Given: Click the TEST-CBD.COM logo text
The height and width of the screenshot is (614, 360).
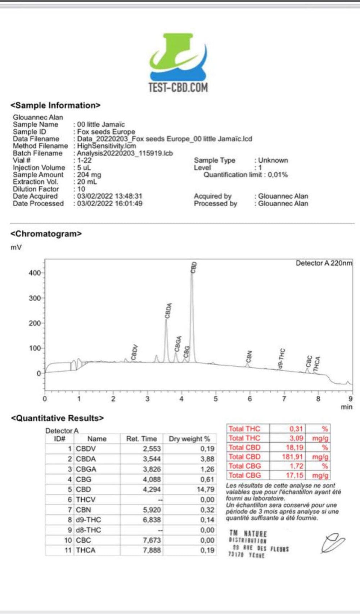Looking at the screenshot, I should [178, 88].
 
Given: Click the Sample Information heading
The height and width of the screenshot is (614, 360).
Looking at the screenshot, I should [55, 105].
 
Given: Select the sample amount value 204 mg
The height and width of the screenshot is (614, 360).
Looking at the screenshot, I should [89, 175].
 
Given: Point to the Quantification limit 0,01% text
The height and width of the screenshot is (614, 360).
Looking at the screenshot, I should [246, 175].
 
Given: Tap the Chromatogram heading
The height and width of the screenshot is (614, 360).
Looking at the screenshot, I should [46, 234].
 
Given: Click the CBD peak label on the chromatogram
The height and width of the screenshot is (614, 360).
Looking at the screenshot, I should [194, 267].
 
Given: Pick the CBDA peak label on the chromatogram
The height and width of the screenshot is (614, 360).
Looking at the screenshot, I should [168, 311].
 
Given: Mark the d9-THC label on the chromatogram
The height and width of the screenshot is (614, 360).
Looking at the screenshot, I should [282, 358].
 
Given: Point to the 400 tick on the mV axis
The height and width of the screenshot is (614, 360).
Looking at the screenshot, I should [35, 273].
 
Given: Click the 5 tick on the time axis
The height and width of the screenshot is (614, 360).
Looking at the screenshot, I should [216, 399].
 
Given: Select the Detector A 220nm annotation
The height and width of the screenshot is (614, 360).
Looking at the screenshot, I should [324, 263].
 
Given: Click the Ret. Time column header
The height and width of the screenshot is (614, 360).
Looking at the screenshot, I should [141, 439].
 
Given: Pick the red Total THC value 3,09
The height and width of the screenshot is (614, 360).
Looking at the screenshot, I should [296, 438].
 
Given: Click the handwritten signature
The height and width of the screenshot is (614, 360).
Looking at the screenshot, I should [333, 543].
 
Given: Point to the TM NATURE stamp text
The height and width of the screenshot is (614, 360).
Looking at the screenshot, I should [248, 533].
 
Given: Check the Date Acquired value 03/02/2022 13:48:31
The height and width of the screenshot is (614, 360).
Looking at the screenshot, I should [109, 196].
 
